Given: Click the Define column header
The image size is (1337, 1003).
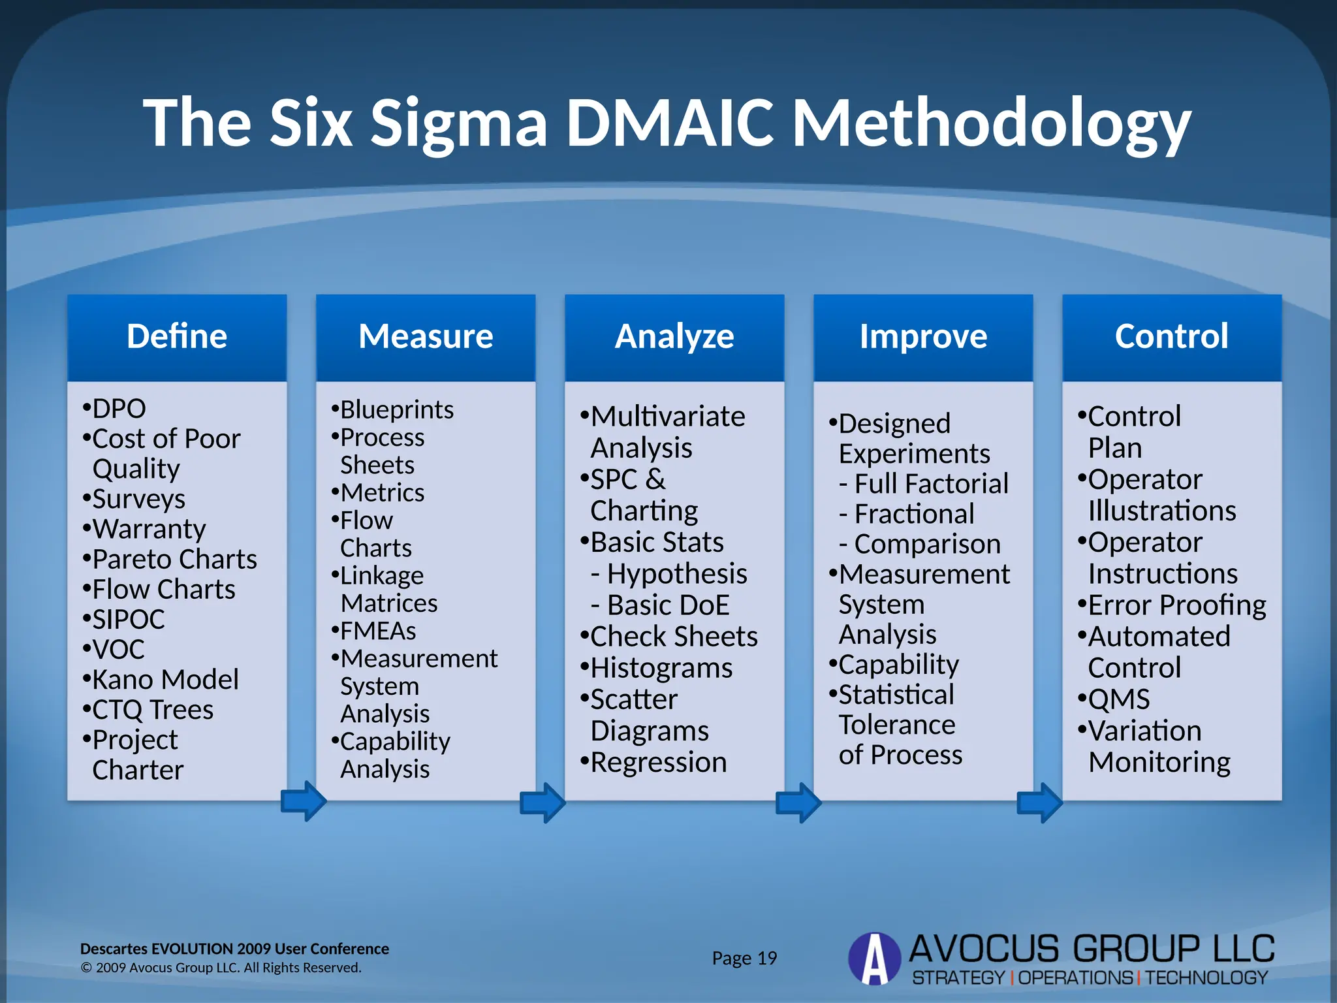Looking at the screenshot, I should tap(177, 337).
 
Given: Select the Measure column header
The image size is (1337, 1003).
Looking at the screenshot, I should tap(426, 337).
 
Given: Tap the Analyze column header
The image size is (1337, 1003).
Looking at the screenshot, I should tap(674, 337).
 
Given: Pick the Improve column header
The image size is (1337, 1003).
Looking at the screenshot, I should tap(923, 337).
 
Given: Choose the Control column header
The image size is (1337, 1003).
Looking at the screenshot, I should tap(1172, 337).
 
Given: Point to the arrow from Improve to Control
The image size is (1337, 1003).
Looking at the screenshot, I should tap(1040, 803).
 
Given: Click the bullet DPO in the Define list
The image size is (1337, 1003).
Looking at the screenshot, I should tap(118, 409).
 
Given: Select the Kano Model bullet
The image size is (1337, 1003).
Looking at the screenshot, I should tap(165, 680).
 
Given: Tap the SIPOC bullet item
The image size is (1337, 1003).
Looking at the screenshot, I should tap(128, 620).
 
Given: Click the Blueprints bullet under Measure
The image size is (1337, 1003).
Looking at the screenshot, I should tap(396, 410).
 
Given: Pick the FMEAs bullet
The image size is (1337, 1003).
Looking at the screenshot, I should tap(377, 631).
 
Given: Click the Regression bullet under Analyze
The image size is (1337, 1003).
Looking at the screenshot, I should tap(658, 763).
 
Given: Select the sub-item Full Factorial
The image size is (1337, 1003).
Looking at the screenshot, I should tap(930, 484).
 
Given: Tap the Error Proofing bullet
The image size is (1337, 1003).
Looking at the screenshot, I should tap(1176, 605).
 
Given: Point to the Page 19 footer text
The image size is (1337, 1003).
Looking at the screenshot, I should tap(744, 959).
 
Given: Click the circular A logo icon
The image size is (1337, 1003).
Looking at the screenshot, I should tap(874, 959).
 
